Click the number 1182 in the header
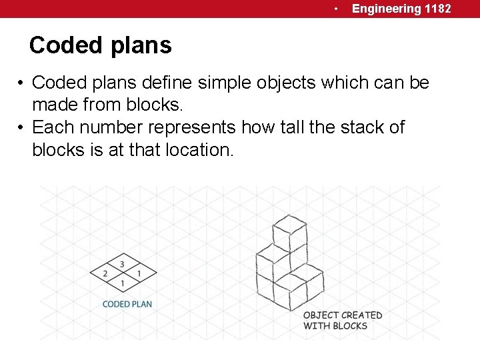click(x=437, y=9)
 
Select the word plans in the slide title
click(x=143, y=45)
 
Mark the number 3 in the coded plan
click(x=122, y=265)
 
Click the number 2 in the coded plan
click(x=105, y=274)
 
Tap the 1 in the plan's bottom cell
click(x=122, y=284)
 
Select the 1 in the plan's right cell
click(x=139, y=274)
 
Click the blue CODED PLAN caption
click(x=127, y=304)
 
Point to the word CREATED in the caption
click(x=362, y=315)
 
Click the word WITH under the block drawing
click(x=316, y=325)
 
